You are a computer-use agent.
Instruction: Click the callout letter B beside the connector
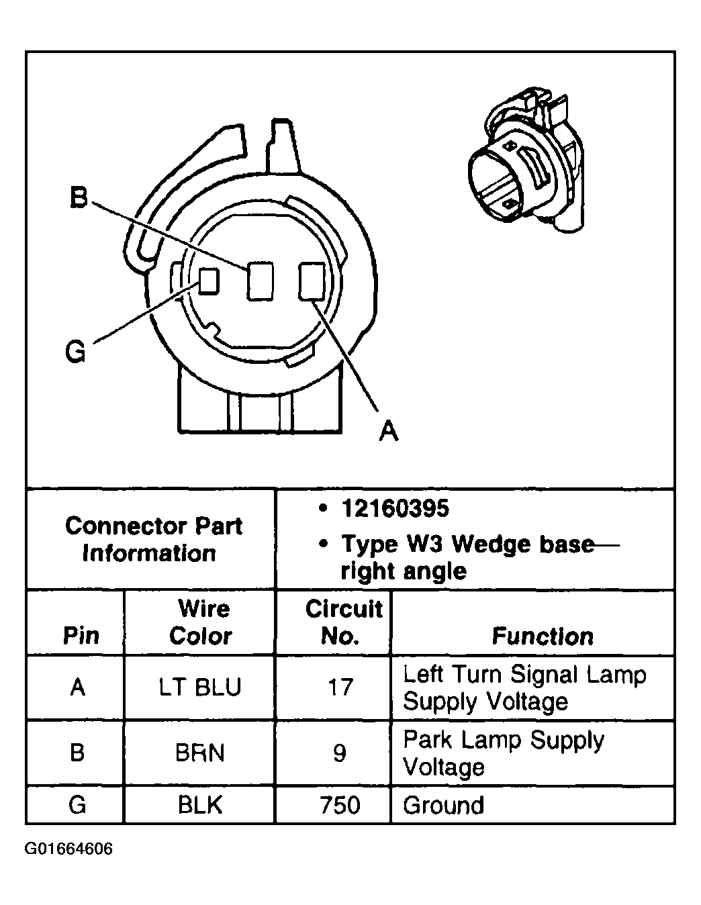tap(79, 198)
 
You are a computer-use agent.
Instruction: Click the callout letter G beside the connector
tap(75, 352)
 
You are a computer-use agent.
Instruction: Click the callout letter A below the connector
tap(389, 430)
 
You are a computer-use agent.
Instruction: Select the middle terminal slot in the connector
tap(260, 281)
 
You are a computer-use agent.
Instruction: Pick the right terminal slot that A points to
tap(312, 281)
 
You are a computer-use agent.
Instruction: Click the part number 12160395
tap(394, 509)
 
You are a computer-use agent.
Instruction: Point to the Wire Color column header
tap(201, 622)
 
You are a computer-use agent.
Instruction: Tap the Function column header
tap(543, 636)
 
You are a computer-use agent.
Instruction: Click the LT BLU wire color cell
tap(201, 687)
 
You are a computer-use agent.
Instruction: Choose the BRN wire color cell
tap(200, 753)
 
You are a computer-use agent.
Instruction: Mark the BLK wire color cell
tap(200, 804)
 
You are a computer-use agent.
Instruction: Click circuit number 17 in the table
tap(340, 687)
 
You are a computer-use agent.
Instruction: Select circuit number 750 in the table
tap(340, 804)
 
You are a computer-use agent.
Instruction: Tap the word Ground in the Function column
tap(443, 805)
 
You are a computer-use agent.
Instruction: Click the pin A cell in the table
tap(78, 687)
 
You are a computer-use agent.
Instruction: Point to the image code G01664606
tap(69, 849)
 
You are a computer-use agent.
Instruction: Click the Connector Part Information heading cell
tap(152, 539)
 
